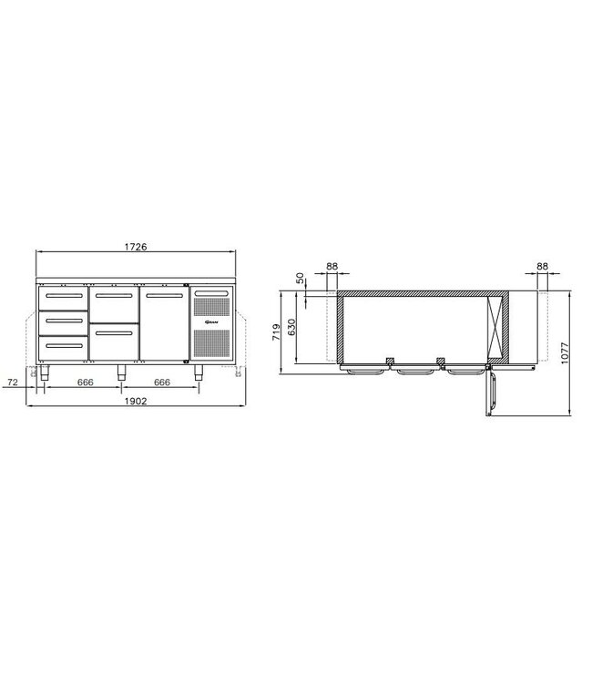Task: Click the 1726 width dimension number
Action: point(135,247)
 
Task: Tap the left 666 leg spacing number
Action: point(85,382)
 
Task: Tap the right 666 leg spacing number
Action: point(161,382)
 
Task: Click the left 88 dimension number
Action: point(332,267)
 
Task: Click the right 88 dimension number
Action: point(543,267)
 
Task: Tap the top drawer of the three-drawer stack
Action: point(62,298)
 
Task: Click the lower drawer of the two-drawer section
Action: point(114,343)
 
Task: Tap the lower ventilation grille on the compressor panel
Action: point(211,343)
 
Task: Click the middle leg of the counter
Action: point(122,371)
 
